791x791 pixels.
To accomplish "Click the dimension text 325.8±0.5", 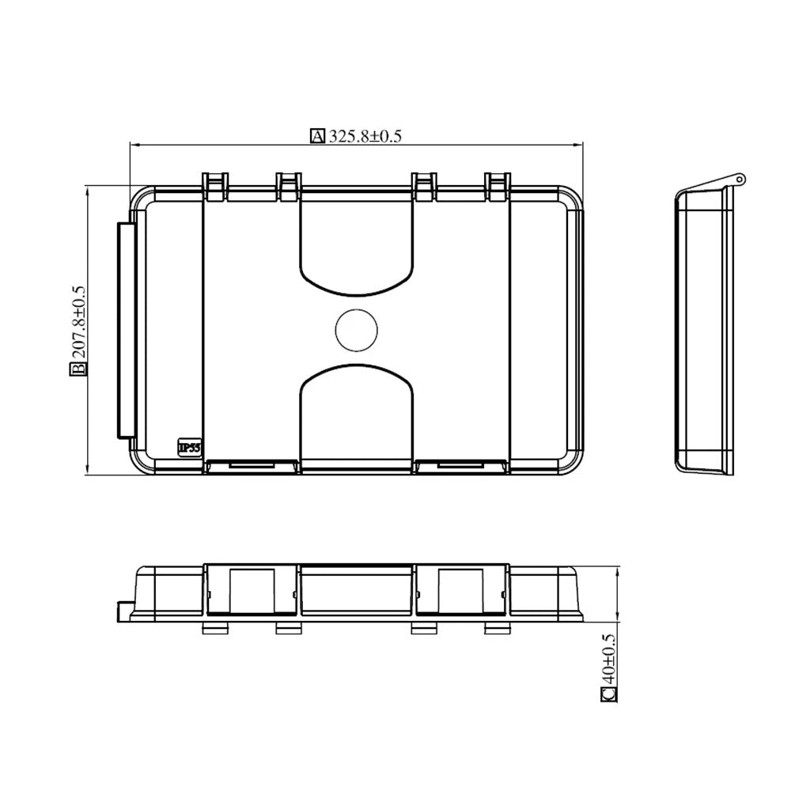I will pos(365,136).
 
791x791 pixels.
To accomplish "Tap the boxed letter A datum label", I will pos(317,136).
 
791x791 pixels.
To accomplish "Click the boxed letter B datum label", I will pos(78,370).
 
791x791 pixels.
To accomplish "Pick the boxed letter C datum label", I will pos(608,694).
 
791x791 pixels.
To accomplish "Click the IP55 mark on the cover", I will pos(189,448).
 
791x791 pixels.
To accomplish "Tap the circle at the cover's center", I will pos(356,329).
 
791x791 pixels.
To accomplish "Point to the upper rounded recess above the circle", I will pos(357,245).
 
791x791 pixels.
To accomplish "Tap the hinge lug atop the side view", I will pos(738,180).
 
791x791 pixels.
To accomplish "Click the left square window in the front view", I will pos(252,589).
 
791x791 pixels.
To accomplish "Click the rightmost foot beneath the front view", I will pos(496,628).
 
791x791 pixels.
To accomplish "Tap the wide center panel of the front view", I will pos(357,592).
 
